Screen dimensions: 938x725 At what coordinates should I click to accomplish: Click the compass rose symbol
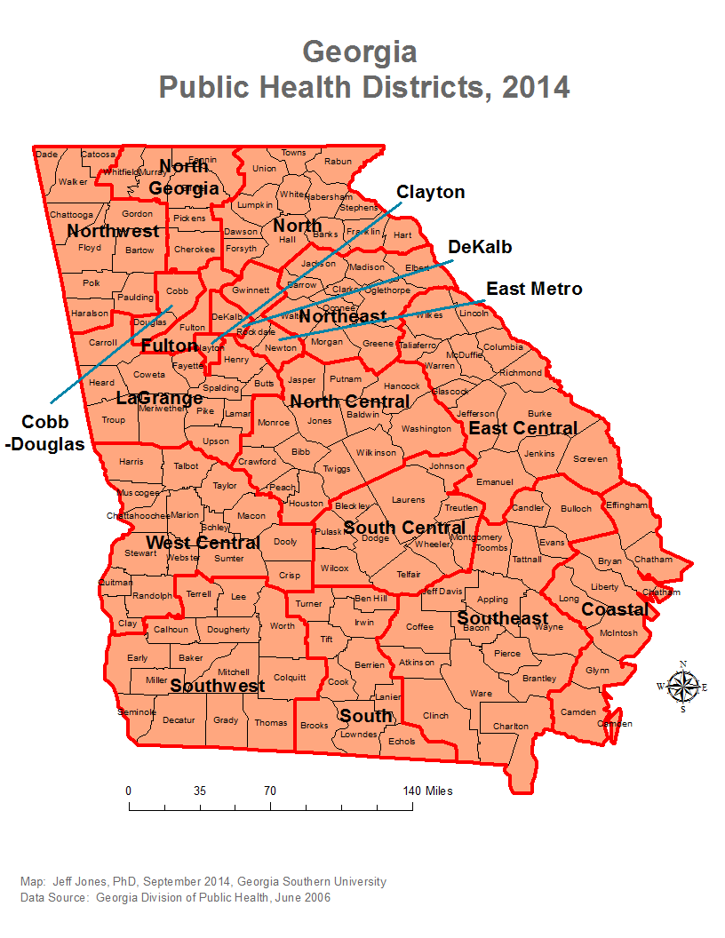tap(682, 686)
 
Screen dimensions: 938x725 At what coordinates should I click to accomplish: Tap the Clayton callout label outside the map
tap(430, 192)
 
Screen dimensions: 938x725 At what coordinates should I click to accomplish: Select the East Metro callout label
tap(534, 289)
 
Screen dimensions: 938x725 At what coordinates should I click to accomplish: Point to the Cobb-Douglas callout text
tap(45, 433)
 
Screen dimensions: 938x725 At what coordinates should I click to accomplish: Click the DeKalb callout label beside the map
tap(480, 247)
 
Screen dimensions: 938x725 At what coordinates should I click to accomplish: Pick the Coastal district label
tap(615, 609)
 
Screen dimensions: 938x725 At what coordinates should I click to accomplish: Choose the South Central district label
tap(404, 528)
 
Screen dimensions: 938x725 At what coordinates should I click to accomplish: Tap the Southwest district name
tap(218, 686)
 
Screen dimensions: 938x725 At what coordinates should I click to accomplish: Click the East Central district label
tap(523, 428)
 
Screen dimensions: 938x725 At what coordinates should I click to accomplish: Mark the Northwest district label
tap(113, 231)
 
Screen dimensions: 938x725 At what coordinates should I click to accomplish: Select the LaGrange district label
tap(159, 399)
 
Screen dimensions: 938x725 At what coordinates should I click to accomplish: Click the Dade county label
tap(46, 155)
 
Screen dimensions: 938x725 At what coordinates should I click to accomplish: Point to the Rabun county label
tap(338, 162)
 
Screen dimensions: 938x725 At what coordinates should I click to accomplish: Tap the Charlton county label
tap(511, 727)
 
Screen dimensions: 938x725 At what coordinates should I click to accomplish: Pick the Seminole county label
tap(137, 712)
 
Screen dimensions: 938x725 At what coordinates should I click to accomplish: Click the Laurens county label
tap(409, 500)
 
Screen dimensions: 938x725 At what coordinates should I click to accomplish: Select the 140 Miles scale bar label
tap(427, 791)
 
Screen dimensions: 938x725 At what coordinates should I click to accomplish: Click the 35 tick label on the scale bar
tap(199, 791)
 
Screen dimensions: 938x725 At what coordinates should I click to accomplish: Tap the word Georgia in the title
tap(360, 52)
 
